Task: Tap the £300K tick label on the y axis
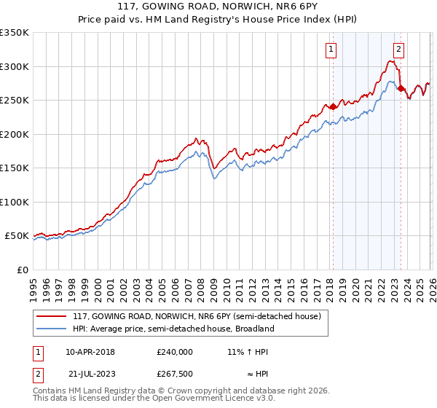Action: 15,66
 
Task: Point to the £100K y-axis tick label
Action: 15,202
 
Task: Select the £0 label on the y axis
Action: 22,270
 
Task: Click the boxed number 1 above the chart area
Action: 331,50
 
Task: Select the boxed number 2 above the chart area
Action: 399,50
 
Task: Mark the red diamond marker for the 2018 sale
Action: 333,106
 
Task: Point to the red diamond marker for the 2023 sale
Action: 401,88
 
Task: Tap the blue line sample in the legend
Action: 52,329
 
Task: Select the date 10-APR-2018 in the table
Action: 90,352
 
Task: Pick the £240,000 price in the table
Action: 174,352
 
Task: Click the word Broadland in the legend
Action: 253,329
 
